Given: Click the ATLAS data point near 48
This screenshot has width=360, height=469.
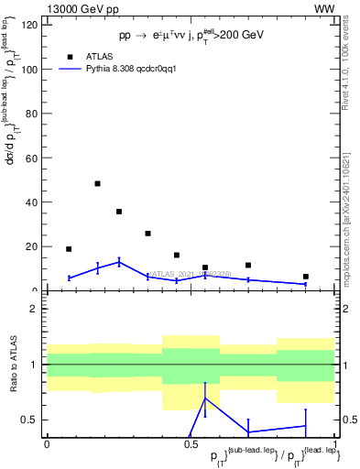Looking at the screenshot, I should pos(97,183).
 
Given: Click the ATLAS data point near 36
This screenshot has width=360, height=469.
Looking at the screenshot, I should pos(119,212).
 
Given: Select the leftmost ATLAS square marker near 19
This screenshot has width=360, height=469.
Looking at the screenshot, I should pos(69,249).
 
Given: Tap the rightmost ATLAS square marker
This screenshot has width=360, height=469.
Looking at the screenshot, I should pos(306,277).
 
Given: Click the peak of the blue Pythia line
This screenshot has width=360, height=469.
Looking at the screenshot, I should pos(119,262).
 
